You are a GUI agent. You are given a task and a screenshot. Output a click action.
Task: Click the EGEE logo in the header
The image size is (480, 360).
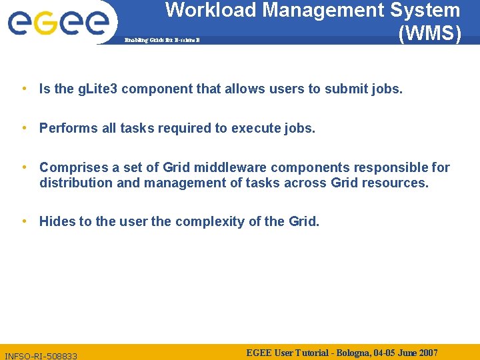(x=58, y=22)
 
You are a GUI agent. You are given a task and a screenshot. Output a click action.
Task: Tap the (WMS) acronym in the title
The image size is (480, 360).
(x=429, y=33)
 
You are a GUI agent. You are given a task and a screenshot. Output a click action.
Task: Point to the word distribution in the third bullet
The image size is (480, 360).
(x=75, y=182)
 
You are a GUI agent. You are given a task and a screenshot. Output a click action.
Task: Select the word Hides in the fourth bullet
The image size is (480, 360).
(x=57, y=221)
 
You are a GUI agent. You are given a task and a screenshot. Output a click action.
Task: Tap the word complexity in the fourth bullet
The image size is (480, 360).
(x=217, y=221)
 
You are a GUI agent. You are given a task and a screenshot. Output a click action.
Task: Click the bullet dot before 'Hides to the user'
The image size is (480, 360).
(x=24, y=221)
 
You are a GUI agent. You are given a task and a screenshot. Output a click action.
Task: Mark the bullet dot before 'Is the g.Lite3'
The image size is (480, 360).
(x=24, y=89)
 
